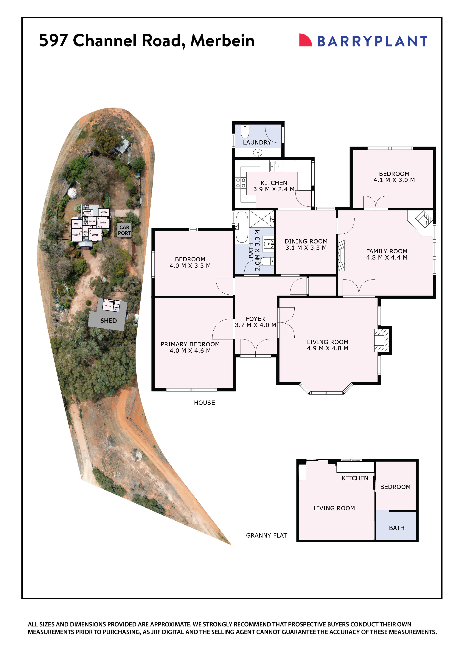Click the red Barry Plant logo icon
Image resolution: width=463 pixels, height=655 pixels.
click(x=305, y=40)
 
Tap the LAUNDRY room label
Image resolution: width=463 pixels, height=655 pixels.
click(x=257, y=142)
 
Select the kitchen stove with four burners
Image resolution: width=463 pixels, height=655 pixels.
click(x=240, y=183)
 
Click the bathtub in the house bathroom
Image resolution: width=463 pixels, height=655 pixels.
click(x=242, y=227)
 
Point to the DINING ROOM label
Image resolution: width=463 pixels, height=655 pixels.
click(x=306, y=241)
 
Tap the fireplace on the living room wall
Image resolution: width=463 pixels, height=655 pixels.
click(x=381, y=340)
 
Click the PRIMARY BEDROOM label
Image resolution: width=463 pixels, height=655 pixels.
click(x=190, y=344)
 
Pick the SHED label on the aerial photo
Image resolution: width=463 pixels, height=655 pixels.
click(x=108, y=321)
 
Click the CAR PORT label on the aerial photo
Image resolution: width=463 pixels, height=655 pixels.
click(x=124, y=230)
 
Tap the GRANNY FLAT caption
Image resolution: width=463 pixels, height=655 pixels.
click(x=266, y=536)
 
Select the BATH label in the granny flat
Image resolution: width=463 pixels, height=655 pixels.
click(x=397, y=528)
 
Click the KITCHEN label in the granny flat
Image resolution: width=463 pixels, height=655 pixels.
click(x=355, y=478)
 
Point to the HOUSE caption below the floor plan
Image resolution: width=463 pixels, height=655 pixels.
click(x=204, y=403)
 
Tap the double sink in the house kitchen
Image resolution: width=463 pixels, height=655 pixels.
click(x=276, y=166)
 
